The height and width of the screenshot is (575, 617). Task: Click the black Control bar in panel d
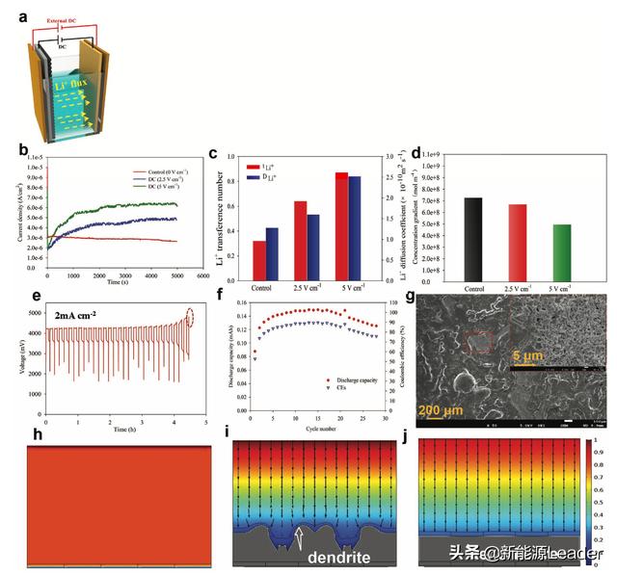tap(472, 239)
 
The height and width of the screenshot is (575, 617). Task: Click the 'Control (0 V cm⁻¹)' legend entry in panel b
tap(146, 171)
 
